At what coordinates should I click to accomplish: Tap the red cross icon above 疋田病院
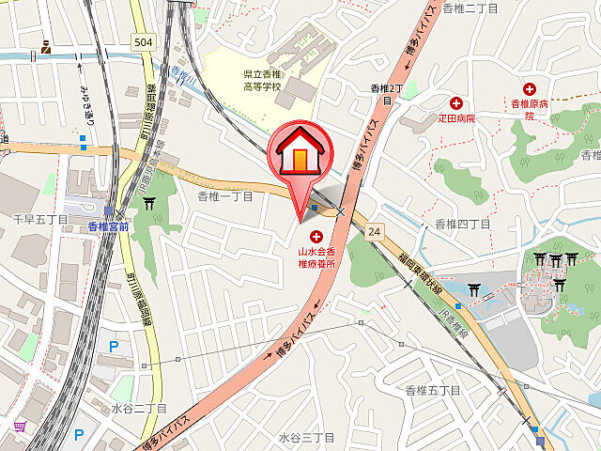456,103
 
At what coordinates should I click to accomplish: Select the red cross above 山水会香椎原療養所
316,237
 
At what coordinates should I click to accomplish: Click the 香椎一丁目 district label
225,196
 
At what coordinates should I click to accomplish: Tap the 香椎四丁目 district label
459,224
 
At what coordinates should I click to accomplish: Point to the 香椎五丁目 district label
433,390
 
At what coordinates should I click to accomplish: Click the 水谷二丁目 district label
138,409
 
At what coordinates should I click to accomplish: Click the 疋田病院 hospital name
457,119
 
